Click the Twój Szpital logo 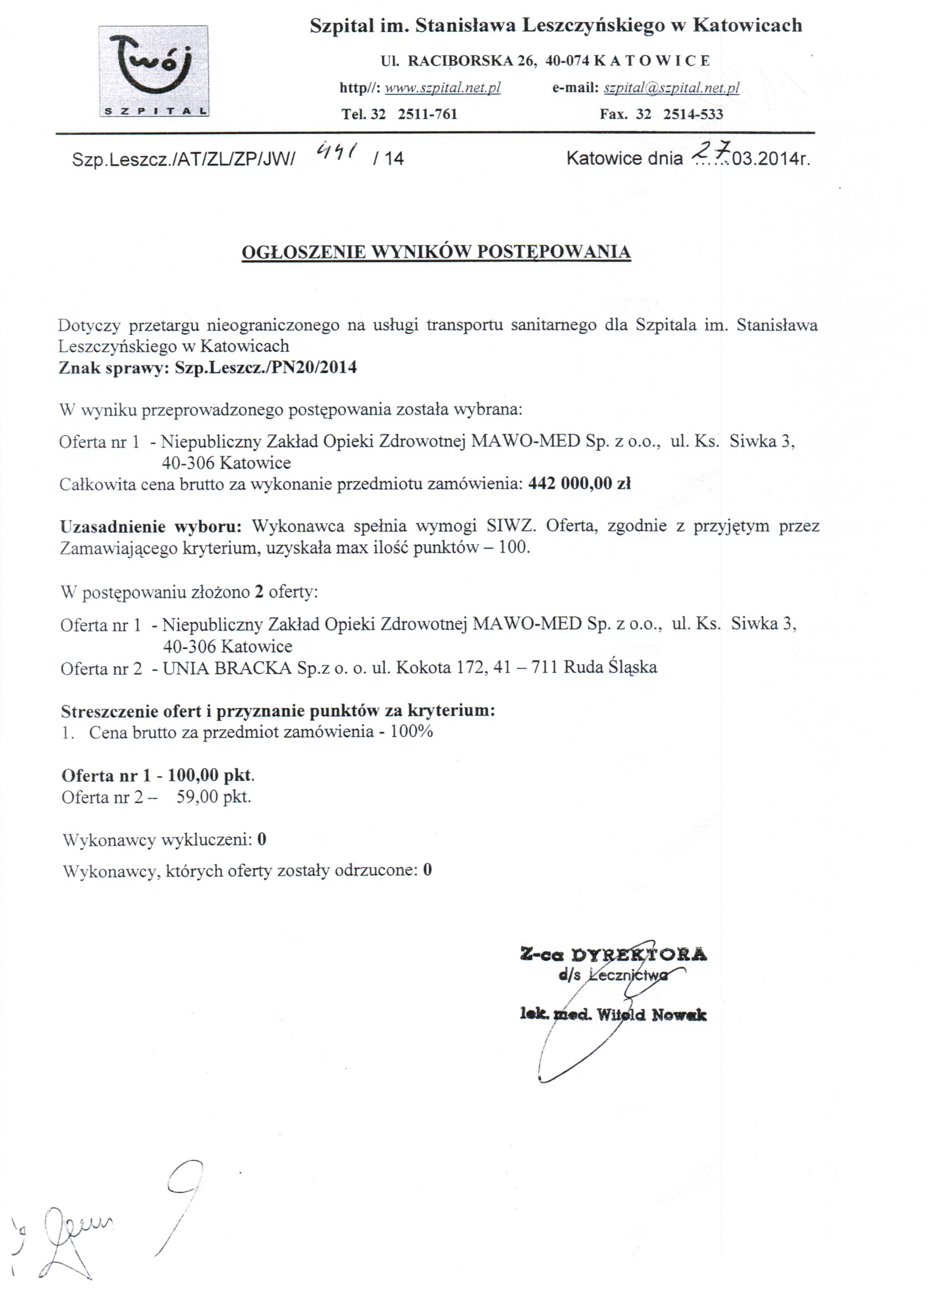click(153, 71)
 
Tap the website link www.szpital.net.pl click(443, 88)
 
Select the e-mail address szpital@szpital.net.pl click(671, 88)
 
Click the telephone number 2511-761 click(427, 114)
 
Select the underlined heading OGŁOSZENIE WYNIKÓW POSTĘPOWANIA click(436, 252)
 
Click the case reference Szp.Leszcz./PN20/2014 click(266, 367)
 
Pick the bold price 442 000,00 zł click(579, 483)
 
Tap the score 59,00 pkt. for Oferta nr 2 click(213, 797)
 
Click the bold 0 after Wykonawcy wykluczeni click(262, 840)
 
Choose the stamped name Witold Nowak click(652, 1015)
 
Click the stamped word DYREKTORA click(639, 954)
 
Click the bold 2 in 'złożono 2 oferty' click(259, 591)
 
